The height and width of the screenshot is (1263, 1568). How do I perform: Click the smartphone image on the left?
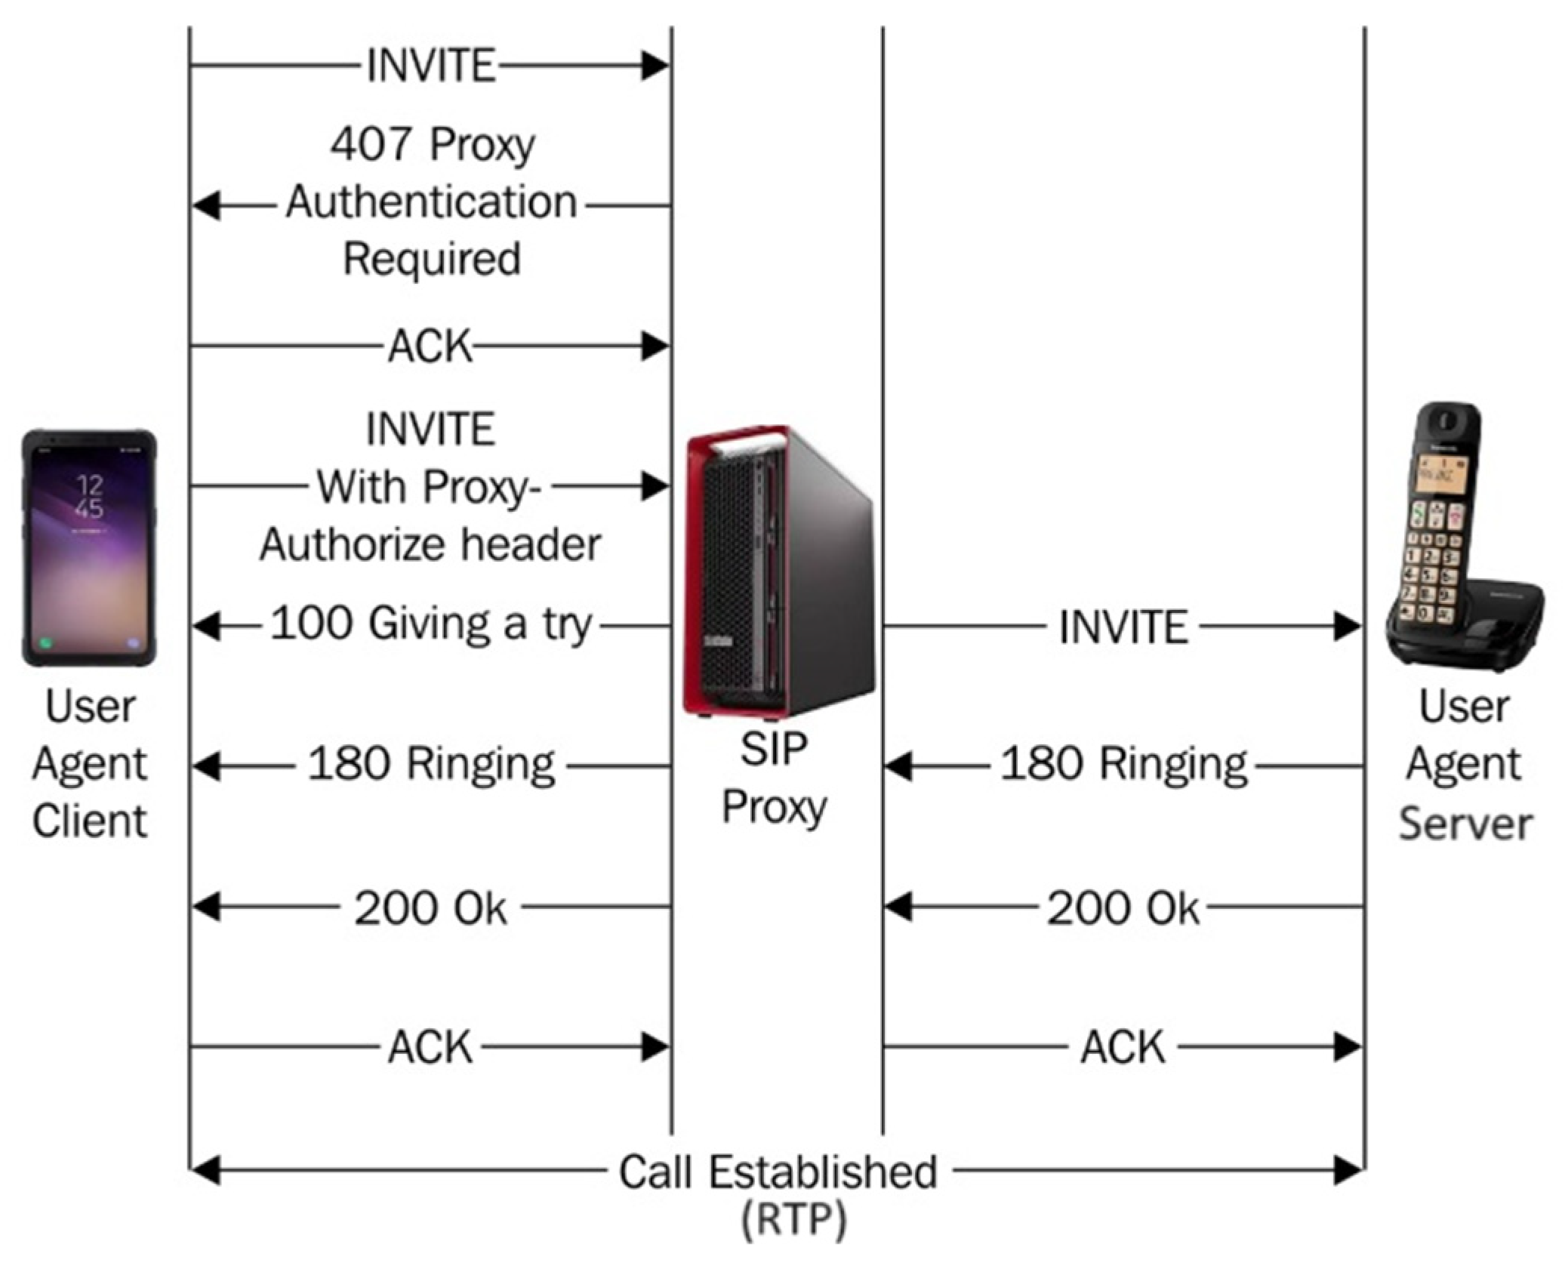pos(89,547)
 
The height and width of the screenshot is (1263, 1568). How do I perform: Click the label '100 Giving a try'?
pos(431,625)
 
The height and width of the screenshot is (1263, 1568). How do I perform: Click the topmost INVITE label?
pos(431,66)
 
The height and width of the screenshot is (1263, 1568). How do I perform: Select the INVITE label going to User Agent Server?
pos(1123,627)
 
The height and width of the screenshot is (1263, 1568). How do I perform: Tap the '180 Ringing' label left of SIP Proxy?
pos(431,765)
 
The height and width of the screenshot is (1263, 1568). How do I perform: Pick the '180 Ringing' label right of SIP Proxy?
pos(1123,765)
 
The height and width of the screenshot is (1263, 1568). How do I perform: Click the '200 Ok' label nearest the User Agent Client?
pos(431,907)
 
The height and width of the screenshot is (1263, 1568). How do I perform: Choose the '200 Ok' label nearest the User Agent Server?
pos(1123,907)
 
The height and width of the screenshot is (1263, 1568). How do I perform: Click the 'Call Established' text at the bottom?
pos(778,1172)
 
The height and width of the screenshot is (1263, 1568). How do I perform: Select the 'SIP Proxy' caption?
pos(774,778)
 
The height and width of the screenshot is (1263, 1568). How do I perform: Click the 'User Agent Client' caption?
pos(89,764)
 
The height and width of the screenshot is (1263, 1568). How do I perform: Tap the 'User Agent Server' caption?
pos(1465,764)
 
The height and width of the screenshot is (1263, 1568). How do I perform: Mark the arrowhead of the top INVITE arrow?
pos(655,66)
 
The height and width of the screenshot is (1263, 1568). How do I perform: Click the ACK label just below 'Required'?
pos(431,347)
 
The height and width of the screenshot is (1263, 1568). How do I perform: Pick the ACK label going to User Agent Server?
pos(1123,1047)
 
